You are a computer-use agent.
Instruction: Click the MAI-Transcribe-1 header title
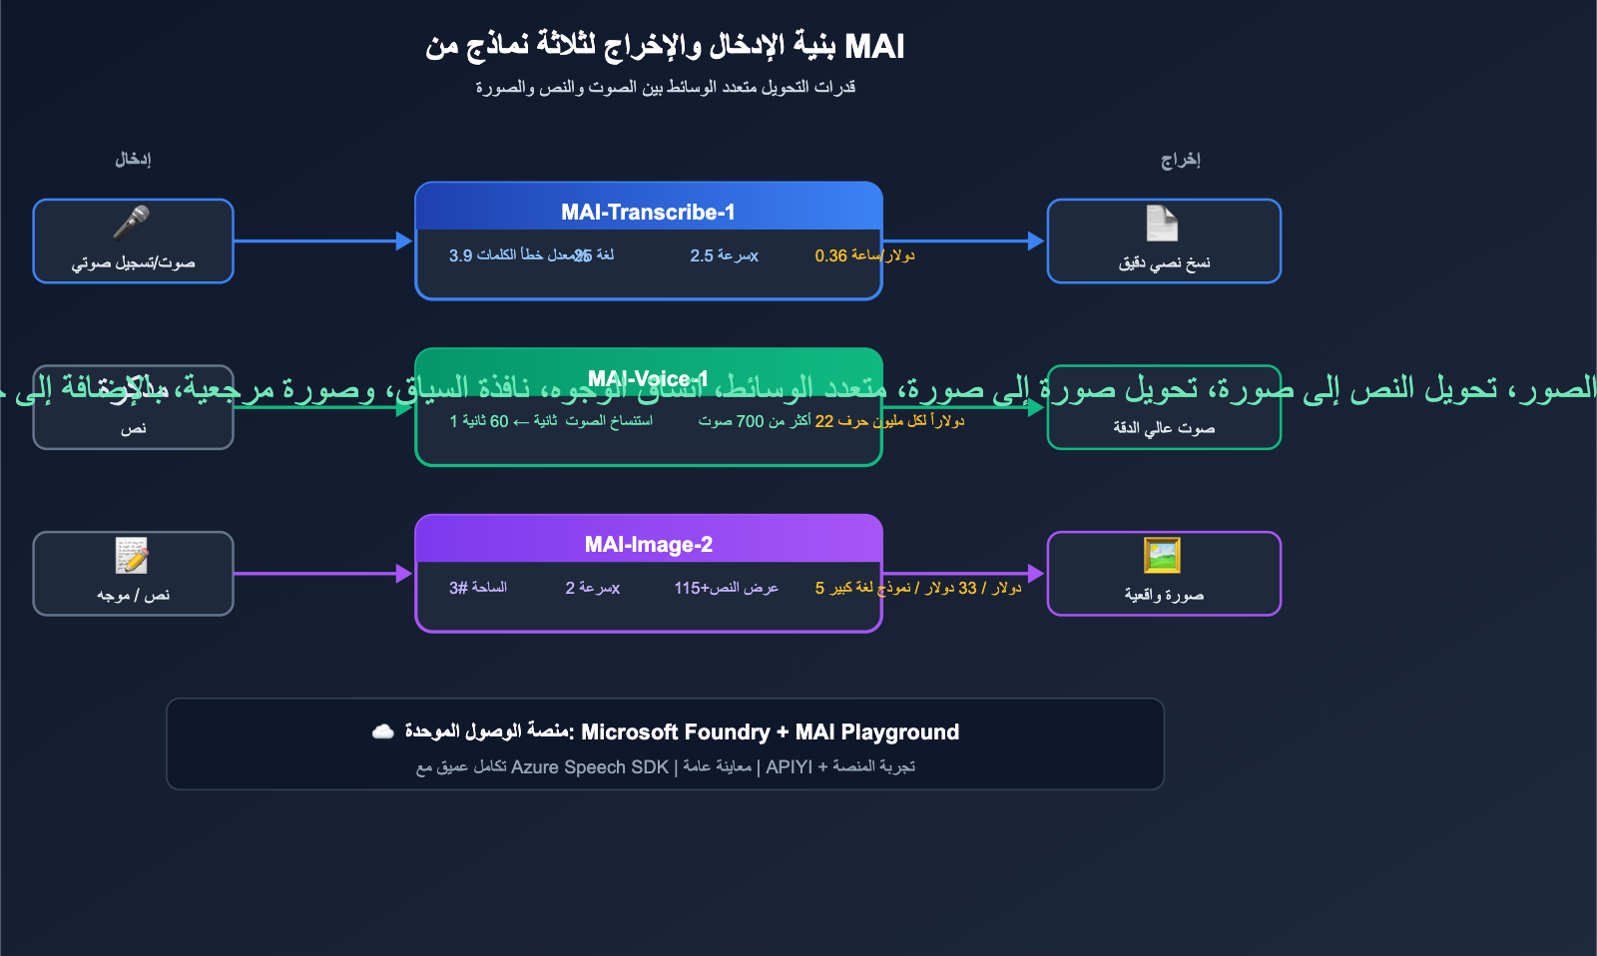(648, 212)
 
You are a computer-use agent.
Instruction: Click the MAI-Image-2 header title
(648, 544)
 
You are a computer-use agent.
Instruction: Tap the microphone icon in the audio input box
(132, 223)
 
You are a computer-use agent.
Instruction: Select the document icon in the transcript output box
(1163, 223)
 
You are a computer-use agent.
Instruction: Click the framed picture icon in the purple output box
(1163, 555)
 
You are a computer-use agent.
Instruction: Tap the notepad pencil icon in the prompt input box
(132, 555)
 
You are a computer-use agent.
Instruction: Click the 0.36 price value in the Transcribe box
(830, 255)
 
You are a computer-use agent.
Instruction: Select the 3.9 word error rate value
(460, 255)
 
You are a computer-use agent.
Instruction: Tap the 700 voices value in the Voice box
(750, 421)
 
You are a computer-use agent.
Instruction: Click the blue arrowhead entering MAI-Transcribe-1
(404, 240)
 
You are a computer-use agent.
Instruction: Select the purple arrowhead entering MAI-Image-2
(404, 573)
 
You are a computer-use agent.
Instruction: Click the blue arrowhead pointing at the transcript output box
(1036, 240)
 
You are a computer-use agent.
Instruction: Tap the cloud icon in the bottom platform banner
(383, 731)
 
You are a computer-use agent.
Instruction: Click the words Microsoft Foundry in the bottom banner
(675, 732)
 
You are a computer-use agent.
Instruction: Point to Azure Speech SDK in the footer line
(589, 766)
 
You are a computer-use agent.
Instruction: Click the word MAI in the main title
(874, 46)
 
